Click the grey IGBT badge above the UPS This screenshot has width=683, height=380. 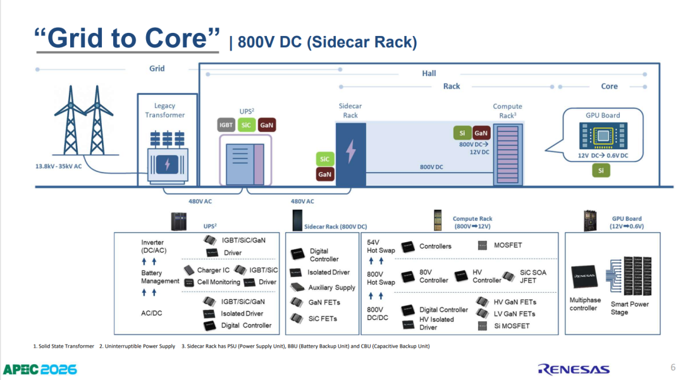(x=226, y=125)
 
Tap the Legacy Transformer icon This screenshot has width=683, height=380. (x=168, y=157)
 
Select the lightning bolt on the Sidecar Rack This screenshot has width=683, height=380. (x=350, y=151)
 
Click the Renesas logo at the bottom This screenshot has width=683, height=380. (x=574, y=369)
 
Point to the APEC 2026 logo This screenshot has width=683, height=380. (x=40, y=369)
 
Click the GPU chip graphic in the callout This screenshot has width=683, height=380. (x=603, y=136)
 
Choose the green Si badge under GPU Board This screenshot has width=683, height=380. (x=601, y=170)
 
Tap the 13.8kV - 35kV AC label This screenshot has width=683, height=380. (x=58, y=166)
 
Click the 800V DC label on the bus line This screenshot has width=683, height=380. (x=431, y=167)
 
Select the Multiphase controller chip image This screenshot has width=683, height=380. (x=584, y=277)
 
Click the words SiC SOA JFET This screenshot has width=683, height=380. (x=532, y=276)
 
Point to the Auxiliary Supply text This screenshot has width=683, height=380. (x=332, y=288)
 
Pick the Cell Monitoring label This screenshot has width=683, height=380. (x=219, y=282)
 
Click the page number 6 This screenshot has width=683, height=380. (x=673, y=367)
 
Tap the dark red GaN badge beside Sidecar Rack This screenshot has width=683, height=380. (x=325, y=174)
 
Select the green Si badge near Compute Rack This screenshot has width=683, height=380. (x=462, y=133)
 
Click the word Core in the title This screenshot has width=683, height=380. (x=175, y=39)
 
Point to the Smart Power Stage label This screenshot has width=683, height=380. (x=629, y=308)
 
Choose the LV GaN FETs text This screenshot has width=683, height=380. (x=514, y=314)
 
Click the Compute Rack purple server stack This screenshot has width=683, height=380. (x=508, y=154)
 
